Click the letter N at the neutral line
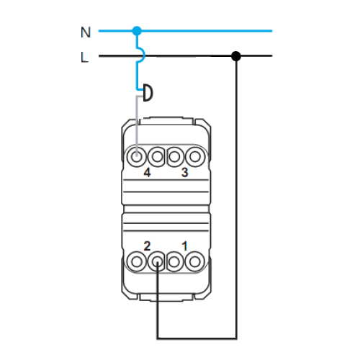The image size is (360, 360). pyautogui.click(x=86, y=32)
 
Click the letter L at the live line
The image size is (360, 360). pyautogui.click(x=84, y=58)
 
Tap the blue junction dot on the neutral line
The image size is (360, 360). pyautogui.click(x=137, y=31)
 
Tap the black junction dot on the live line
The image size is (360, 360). pyautogui.click(x=236, y=56)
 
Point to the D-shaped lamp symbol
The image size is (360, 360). pyautogui.click(x=148, y=93)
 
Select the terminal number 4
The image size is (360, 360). pyautogui.click(x=147, y=172)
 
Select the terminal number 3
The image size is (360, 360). pyautogui.click(x=184, y=172)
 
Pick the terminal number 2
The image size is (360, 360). pyautogui.click(x=147, y=246)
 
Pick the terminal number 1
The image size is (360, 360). pyautogui.click(x=184, y=246)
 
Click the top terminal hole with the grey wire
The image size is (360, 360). pyautogui.click(x=137, y=156)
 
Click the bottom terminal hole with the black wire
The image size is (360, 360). pyautogui.click(x=157, y=261)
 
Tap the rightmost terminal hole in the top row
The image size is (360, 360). pyautogui.click(x=195, y=156)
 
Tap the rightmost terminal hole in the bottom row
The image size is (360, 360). pyautogui.click(x=195, y=261)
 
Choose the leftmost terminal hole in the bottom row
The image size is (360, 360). pyautogui.click(x=137, y=261)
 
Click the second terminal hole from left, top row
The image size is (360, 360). pyautogui.click(x=157, y=156)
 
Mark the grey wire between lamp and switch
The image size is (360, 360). pyautogui.click(x=137, y=125)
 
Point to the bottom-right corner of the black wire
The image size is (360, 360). pyautogui.click(x=236, y=338)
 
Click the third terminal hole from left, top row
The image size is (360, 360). pyautogui.click(x=175, y=156)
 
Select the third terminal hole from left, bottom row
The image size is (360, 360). pyautogui.click(x=175, y=261)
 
